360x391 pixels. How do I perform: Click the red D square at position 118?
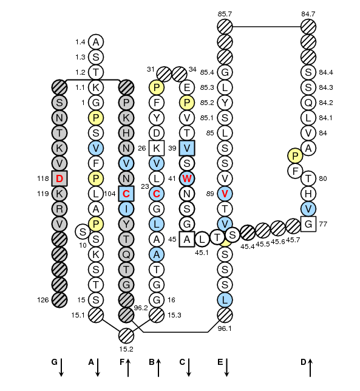pos(59,178)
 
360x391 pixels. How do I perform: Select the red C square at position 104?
pos(126,194)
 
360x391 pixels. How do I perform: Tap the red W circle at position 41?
pos(187,178)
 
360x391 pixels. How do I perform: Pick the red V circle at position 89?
pos(225,194)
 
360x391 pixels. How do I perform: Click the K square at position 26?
pos(157,148)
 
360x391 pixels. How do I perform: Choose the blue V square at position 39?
pos(187,148)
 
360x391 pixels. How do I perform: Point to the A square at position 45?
pos(187,239)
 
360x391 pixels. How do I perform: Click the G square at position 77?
pos(308,224)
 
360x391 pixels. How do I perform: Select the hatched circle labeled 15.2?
pos(126,336)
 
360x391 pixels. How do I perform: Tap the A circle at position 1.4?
pos(96,42)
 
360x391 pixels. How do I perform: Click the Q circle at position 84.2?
pos(308,103)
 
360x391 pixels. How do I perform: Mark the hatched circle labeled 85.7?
pos(225,27)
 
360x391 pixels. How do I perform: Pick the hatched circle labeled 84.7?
pos(308,27)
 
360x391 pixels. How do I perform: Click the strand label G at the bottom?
pos(55,362)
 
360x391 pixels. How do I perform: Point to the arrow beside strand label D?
pos(310,368)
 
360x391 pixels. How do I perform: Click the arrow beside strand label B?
pos(158,368)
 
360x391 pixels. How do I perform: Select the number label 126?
pos(43,300)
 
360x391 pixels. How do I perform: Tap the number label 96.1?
pos(225,328)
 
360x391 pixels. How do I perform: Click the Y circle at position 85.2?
pos(225,103)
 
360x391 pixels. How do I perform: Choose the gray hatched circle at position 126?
pos(59,300)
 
